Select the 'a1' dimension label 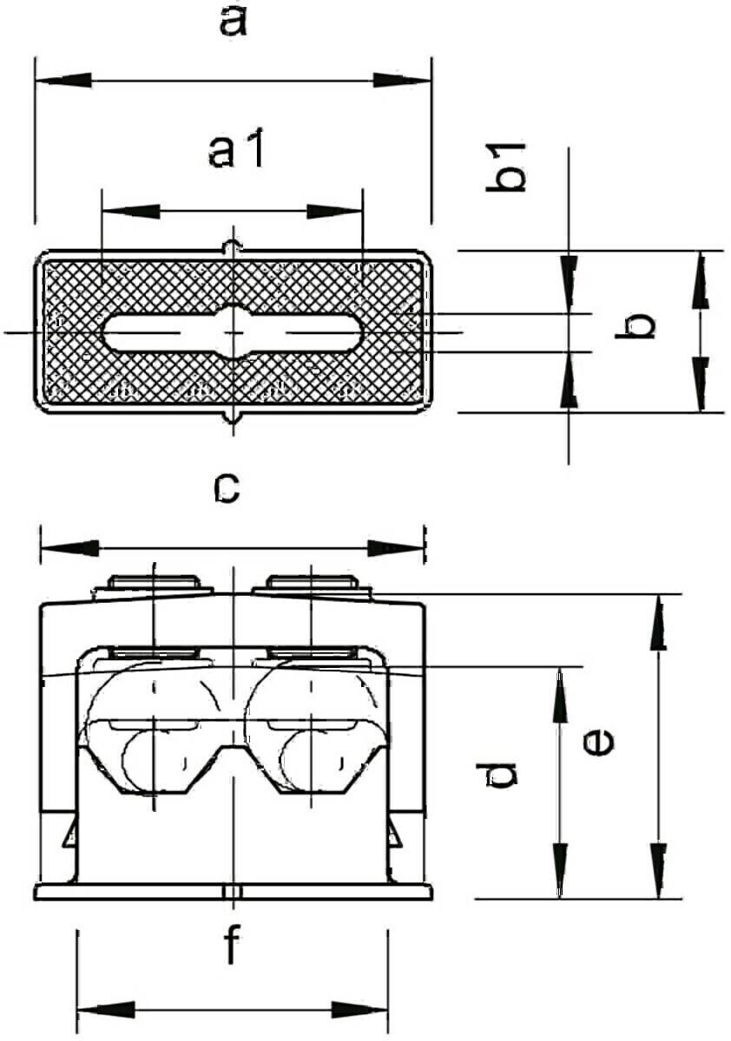click(236, 148)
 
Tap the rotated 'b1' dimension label click(505, 167)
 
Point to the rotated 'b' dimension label click(636, 325)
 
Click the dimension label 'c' click(227, 489)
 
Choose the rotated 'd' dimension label click(496, 774)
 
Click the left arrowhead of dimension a click(63, 81)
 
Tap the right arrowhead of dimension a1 click(335, 212)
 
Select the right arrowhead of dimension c click(396, 548)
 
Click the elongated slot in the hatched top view click(232, 332)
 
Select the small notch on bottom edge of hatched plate click(233, 417)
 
